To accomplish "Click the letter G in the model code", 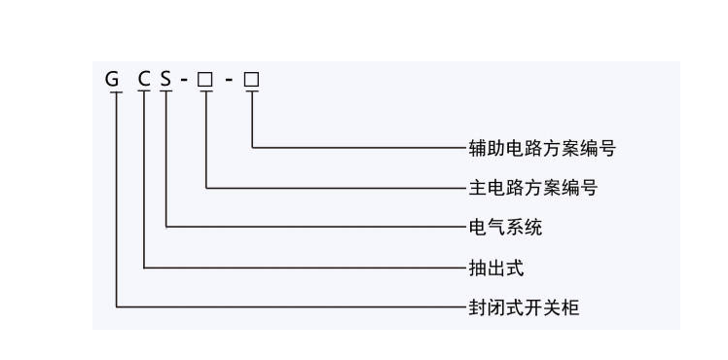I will [x=113, y=78].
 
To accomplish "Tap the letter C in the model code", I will [x=144, y=78].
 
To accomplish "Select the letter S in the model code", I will [x=166, y=78].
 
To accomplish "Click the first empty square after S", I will [x=204, y=78].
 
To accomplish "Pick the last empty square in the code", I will [x=251, y=78].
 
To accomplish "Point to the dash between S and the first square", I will [x=183, y=79].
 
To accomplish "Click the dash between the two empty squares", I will [x=228, y=79].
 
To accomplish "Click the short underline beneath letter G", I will [x=115, y=91].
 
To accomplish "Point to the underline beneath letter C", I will [x=144, y=91].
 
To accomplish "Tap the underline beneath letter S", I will [x=166, y=91].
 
